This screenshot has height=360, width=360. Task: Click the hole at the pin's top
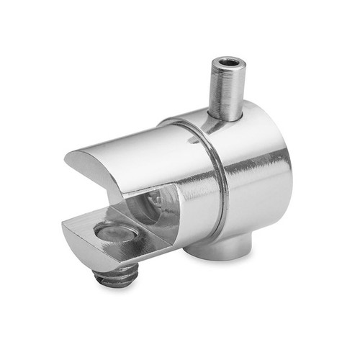[x=230, y=63]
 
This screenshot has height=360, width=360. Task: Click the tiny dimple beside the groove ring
[x=194, y=142]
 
